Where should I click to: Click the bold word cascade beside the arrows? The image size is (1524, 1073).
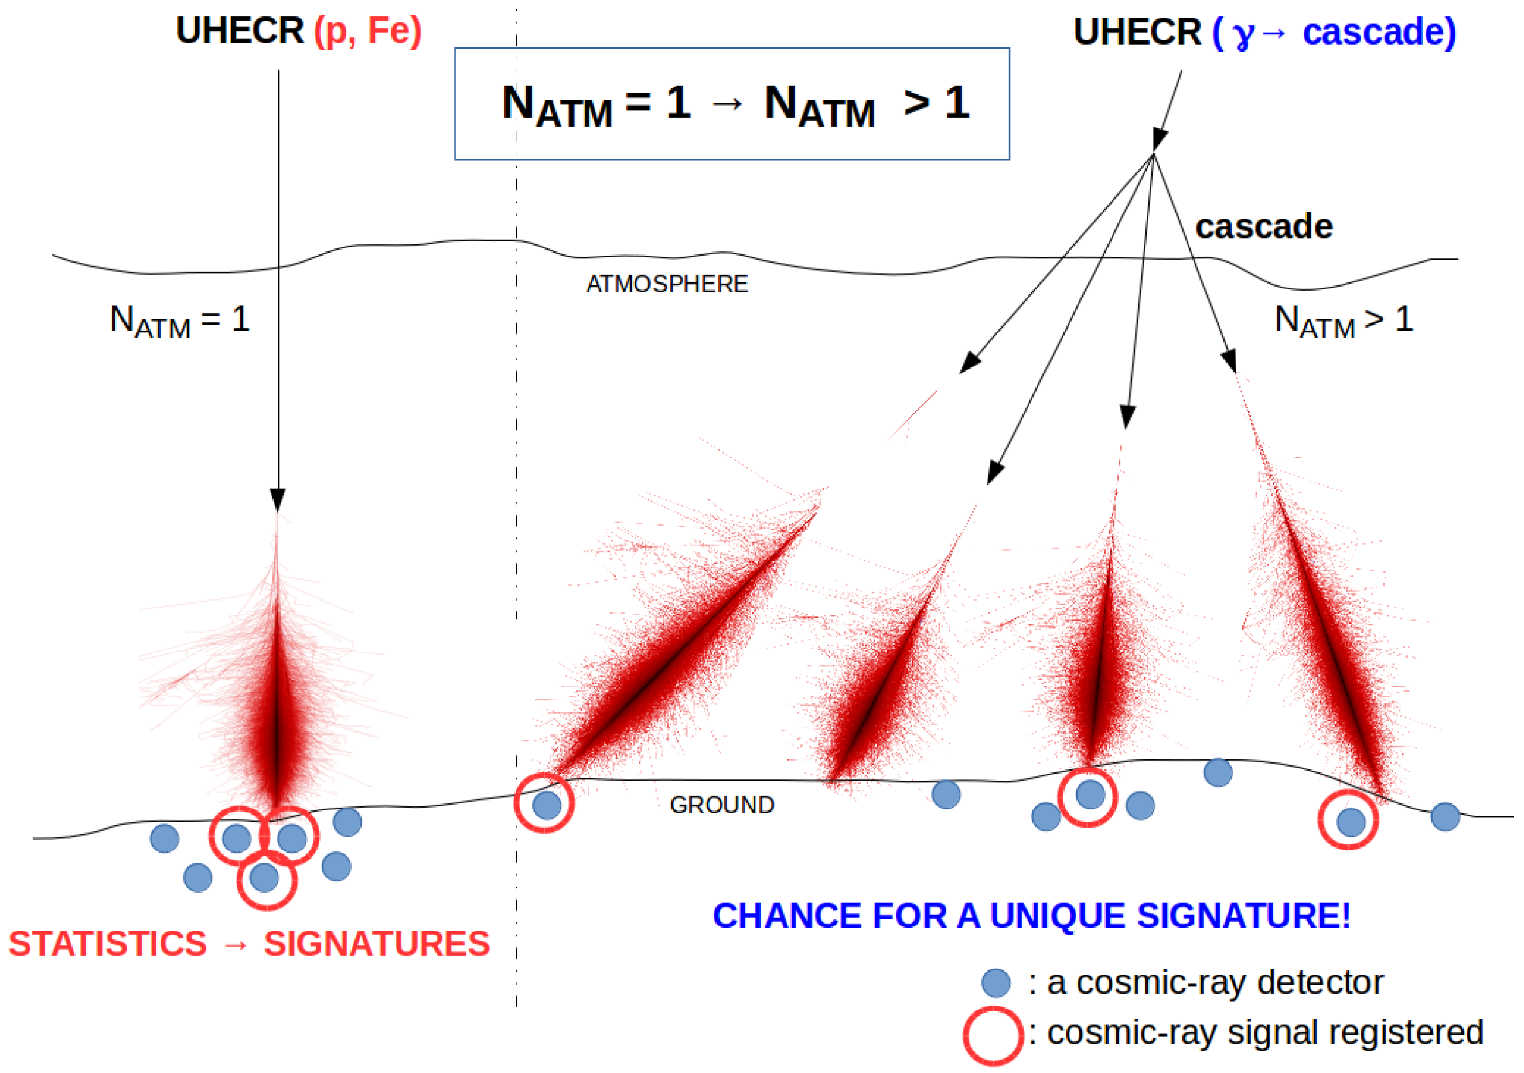[1264, 226]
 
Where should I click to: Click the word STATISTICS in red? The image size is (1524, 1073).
[108, 943]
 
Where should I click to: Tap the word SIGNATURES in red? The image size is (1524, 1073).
[376, 943]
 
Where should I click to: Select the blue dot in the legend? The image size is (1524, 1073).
[995, 983]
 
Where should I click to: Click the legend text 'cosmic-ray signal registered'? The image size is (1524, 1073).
[1264, 1033]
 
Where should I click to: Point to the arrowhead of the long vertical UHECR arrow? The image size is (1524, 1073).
[278, 499]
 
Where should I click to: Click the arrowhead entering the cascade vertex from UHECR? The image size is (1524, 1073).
[1159, 139]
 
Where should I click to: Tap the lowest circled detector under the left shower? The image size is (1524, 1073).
[265, 878]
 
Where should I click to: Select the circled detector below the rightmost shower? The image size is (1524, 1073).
[1351, 822]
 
